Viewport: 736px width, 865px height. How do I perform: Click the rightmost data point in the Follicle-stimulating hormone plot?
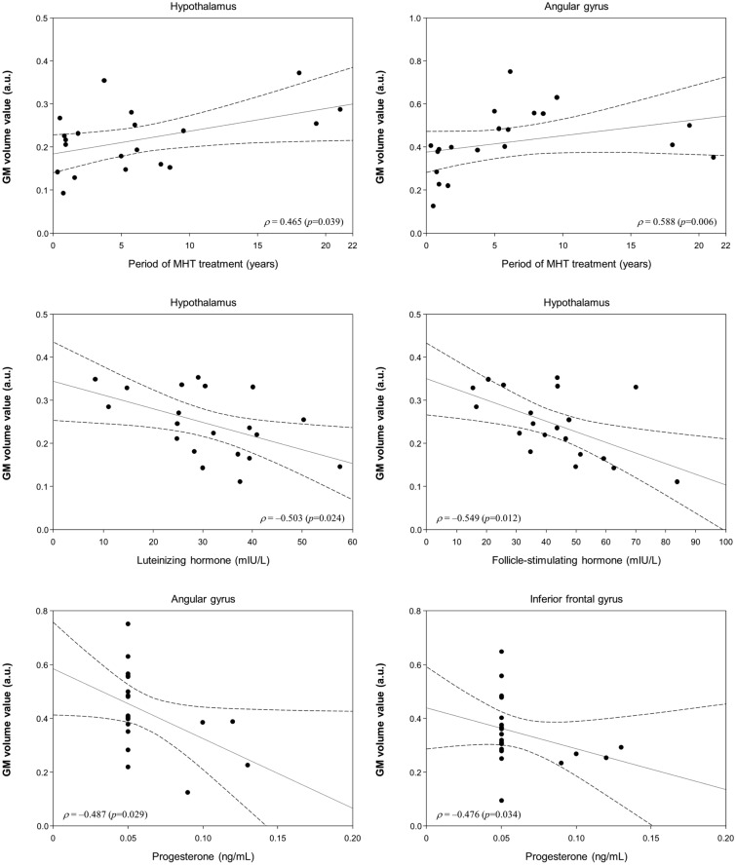677,481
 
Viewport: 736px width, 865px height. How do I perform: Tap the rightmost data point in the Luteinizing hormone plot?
340,467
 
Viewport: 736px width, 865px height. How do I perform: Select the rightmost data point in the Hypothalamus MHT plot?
340,109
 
